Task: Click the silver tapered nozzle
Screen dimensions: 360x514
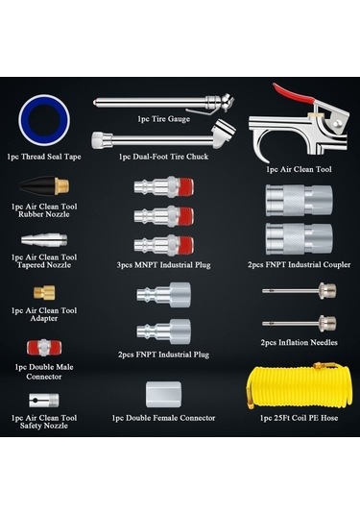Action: coord(44,239)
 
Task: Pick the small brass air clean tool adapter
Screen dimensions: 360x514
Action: coord(44,292)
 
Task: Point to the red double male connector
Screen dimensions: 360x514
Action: coord(44,348)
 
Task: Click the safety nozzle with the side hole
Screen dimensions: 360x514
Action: coord(44,400)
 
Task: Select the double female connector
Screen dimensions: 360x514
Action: coord(163,394)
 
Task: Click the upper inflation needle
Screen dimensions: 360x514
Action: coord(299,290)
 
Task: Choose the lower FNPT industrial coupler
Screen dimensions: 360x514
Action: coord(300,238)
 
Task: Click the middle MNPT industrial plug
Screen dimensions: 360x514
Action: coord(163,216)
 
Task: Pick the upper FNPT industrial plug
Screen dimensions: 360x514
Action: coord(163,295)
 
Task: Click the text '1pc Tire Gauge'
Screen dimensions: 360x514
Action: coord(164,119)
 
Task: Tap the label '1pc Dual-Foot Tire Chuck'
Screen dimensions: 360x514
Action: coord(163,157)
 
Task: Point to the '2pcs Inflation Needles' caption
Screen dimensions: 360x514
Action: coord(300,342)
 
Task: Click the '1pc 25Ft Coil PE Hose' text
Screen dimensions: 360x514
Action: coord(300,418)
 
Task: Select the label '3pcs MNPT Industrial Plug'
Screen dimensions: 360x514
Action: coord(163,264)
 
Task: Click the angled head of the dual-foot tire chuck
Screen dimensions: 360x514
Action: coord(224,135)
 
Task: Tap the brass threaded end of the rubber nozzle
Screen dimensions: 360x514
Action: coord(62,185)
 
